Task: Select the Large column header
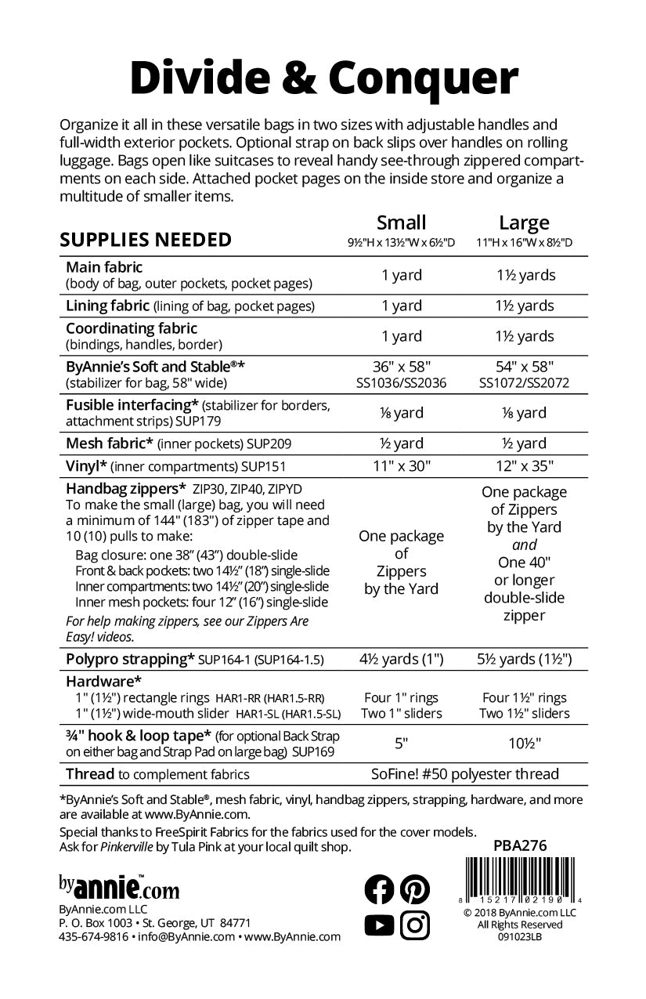coord(524,223)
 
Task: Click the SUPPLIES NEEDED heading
coord(146,239)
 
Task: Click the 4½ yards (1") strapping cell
coord(401,659)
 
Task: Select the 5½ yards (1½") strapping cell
coord(524,659)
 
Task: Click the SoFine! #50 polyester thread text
coord(465,774)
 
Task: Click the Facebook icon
coord(380,889)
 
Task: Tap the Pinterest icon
coord(415,889)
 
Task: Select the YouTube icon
coord(380,925)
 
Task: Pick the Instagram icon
coord(415,925)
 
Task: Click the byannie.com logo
coord(118,888)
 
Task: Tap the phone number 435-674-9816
coord(94,936)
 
